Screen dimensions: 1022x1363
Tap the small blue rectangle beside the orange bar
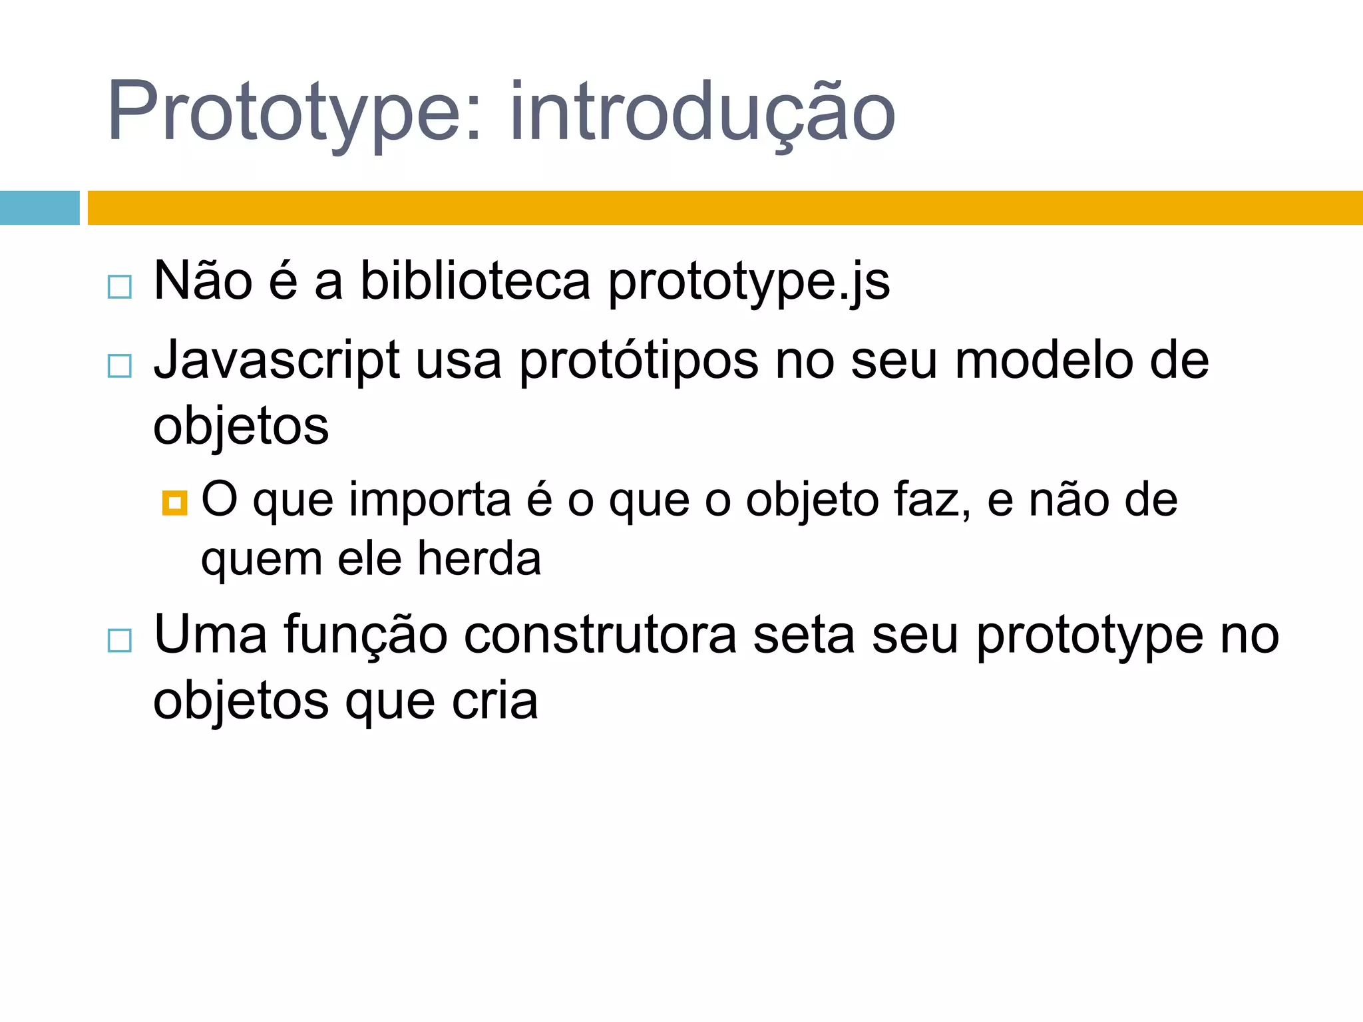tap(39, 208)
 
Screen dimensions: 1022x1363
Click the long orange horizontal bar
tap(725, 208)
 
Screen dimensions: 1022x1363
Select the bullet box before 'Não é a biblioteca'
tap(120, 287)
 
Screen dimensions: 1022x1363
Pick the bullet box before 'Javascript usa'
tap(120, 366)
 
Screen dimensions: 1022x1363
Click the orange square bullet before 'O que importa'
tap(174, 503)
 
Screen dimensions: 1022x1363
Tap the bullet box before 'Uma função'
tap(120, 641)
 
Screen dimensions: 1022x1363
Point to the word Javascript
tap(277, 361)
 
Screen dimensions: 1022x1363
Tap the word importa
tap(430, 500)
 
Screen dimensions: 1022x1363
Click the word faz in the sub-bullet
tap(931, 500)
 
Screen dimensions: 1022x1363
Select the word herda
tap(479, 559)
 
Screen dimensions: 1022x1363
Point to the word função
tap(366, 636)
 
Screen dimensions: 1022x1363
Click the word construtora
tap(600, 636)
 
